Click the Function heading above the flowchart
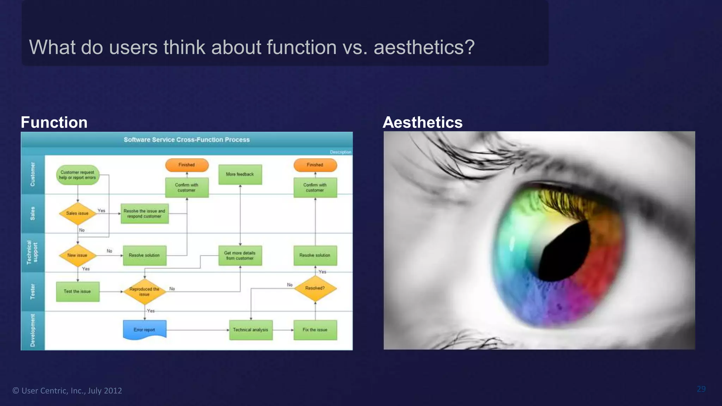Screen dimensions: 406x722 [x=54, y=122]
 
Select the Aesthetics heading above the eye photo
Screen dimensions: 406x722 [x=422, y=122]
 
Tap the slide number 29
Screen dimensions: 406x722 [x=701, y=389]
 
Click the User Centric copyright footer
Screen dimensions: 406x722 [x=67, y=390]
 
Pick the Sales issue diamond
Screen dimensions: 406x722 [x=78, y=213]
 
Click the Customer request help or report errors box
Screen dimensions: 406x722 [x=78, y=175]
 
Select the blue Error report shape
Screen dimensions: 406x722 [x=145, y=330]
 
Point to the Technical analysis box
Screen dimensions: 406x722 [x=251, y=330]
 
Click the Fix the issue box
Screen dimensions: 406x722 [x=315, y=330]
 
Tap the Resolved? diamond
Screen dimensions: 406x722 [x=315, y=288]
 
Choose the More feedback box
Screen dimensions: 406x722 [x=240, y=174]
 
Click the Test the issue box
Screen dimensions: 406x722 [x=78, y=291]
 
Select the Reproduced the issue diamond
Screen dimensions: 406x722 [x=145, y=291]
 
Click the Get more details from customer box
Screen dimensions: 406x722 [x=240, y=256]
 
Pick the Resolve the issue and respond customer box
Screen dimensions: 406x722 [x=145, y=214]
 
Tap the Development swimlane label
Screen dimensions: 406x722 [x=33, y=331]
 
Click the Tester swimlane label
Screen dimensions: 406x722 [x=33, y=291]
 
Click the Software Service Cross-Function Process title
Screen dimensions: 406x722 [x=186, y=140]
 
